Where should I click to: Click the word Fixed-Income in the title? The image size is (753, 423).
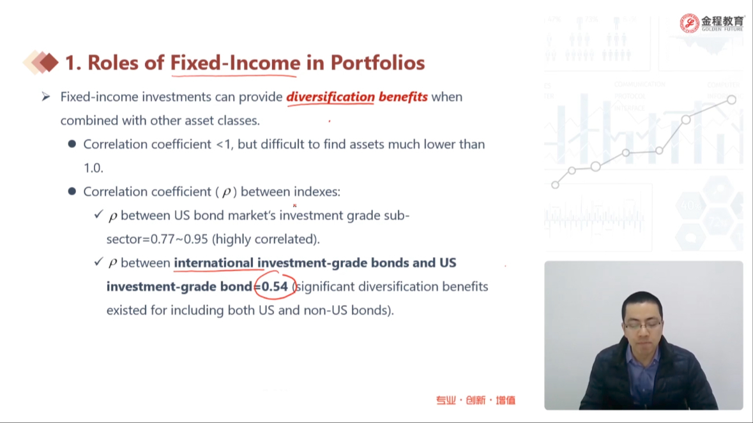point(235,63)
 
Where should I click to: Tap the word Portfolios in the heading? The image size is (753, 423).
point(377,63)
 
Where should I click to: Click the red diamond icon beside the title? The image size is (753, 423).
point(48,63)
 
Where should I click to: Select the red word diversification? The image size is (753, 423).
point(330,97)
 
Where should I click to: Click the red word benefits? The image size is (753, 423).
point(403,97)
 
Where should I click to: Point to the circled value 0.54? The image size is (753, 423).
point(275,286)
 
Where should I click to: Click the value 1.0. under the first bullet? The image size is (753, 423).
point(93,168)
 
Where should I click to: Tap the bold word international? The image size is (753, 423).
point(214,263)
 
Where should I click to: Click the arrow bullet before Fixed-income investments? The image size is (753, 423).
point(45,97)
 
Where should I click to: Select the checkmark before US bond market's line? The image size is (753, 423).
point(98,214)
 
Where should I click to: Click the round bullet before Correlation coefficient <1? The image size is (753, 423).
point(72,144)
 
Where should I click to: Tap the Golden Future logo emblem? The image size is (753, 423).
point(689,22)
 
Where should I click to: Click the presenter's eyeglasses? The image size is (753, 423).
point(643,325)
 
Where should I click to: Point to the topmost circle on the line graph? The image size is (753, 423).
point(731,100)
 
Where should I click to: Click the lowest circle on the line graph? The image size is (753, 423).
point(555,184)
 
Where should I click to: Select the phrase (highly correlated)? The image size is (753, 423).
point(266,239)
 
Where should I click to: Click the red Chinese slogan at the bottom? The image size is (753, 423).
point(475,400)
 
